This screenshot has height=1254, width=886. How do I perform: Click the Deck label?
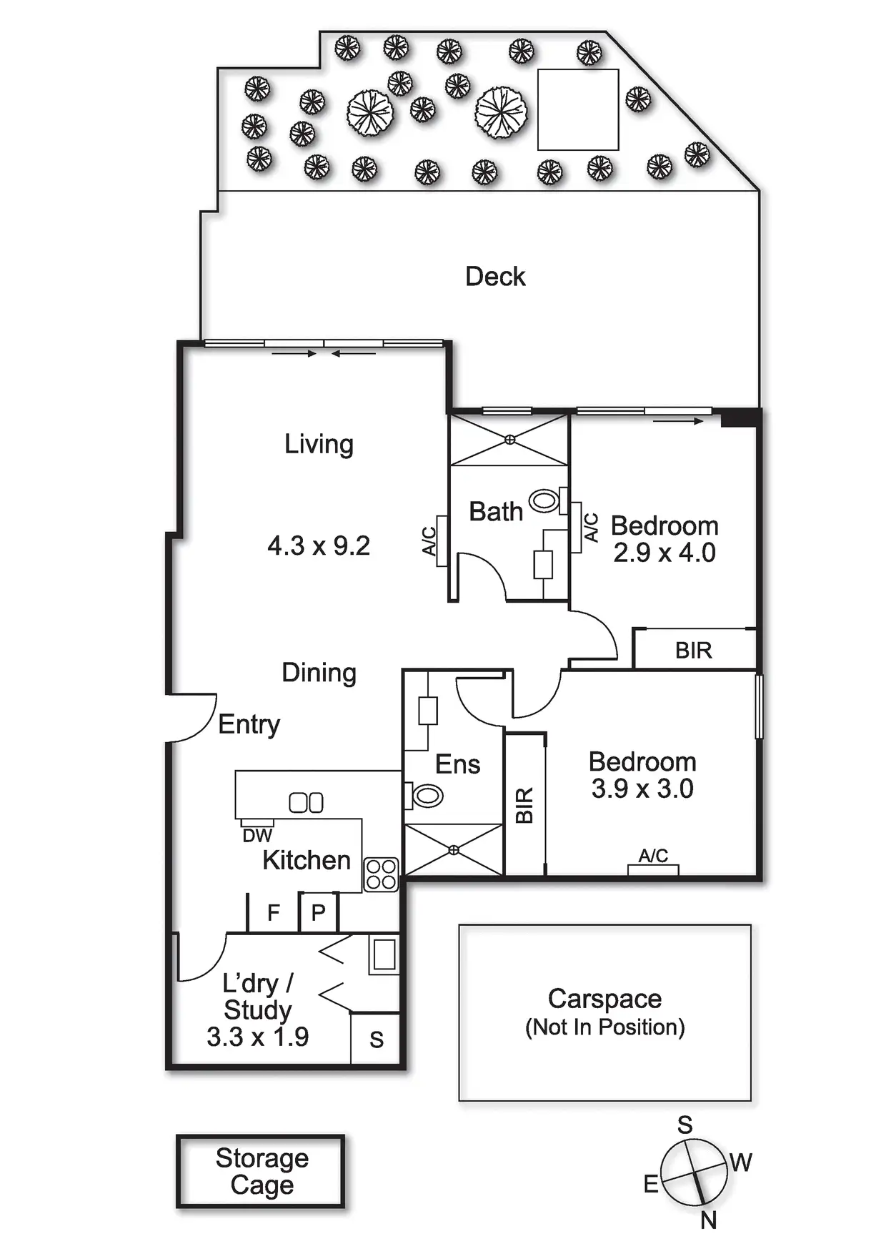point(495,277)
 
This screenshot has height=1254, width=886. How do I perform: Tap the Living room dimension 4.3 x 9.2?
point(319,546)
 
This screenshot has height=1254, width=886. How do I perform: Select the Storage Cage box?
point(261,1171)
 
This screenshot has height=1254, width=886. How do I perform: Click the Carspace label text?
point(604,999)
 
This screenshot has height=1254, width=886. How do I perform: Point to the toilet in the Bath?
point(544,500)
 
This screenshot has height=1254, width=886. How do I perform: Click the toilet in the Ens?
point(427,795)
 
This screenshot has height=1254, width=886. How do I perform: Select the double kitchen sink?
point(306,803)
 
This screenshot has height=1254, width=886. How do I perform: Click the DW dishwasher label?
point(257,836)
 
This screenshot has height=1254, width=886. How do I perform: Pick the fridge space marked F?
point(273,913)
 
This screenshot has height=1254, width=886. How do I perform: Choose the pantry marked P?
point(319,913)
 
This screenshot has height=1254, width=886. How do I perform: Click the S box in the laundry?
point(377,1040)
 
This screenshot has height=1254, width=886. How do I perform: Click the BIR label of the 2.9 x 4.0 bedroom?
point(694,651)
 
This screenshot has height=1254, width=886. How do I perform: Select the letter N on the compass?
point(708,1220)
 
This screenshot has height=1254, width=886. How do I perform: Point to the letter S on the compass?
point(685,1125)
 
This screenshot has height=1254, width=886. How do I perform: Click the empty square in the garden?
point(578,109)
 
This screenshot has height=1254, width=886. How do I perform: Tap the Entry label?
point(249,724)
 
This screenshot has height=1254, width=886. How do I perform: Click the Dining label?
point(319,673)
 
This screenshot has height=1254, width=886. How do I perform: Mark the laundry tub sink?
point(384,954)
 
